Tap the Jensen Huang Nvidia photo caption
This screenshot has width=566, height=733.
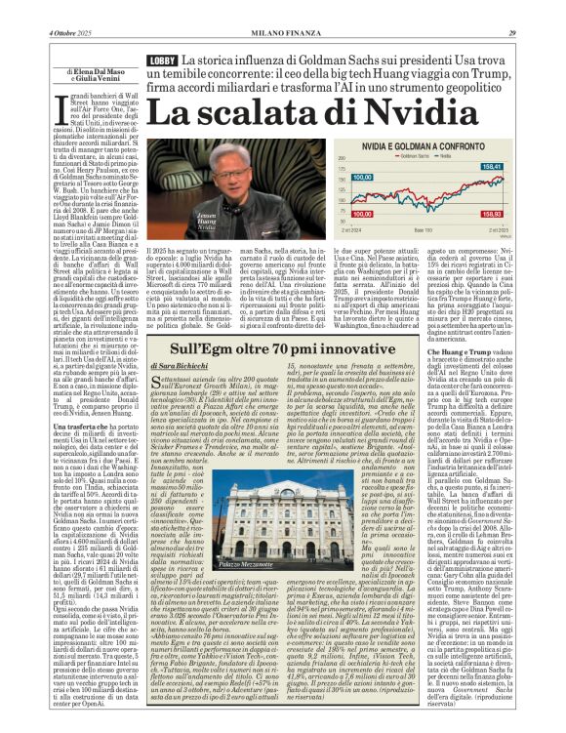[x=235, y=224]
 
